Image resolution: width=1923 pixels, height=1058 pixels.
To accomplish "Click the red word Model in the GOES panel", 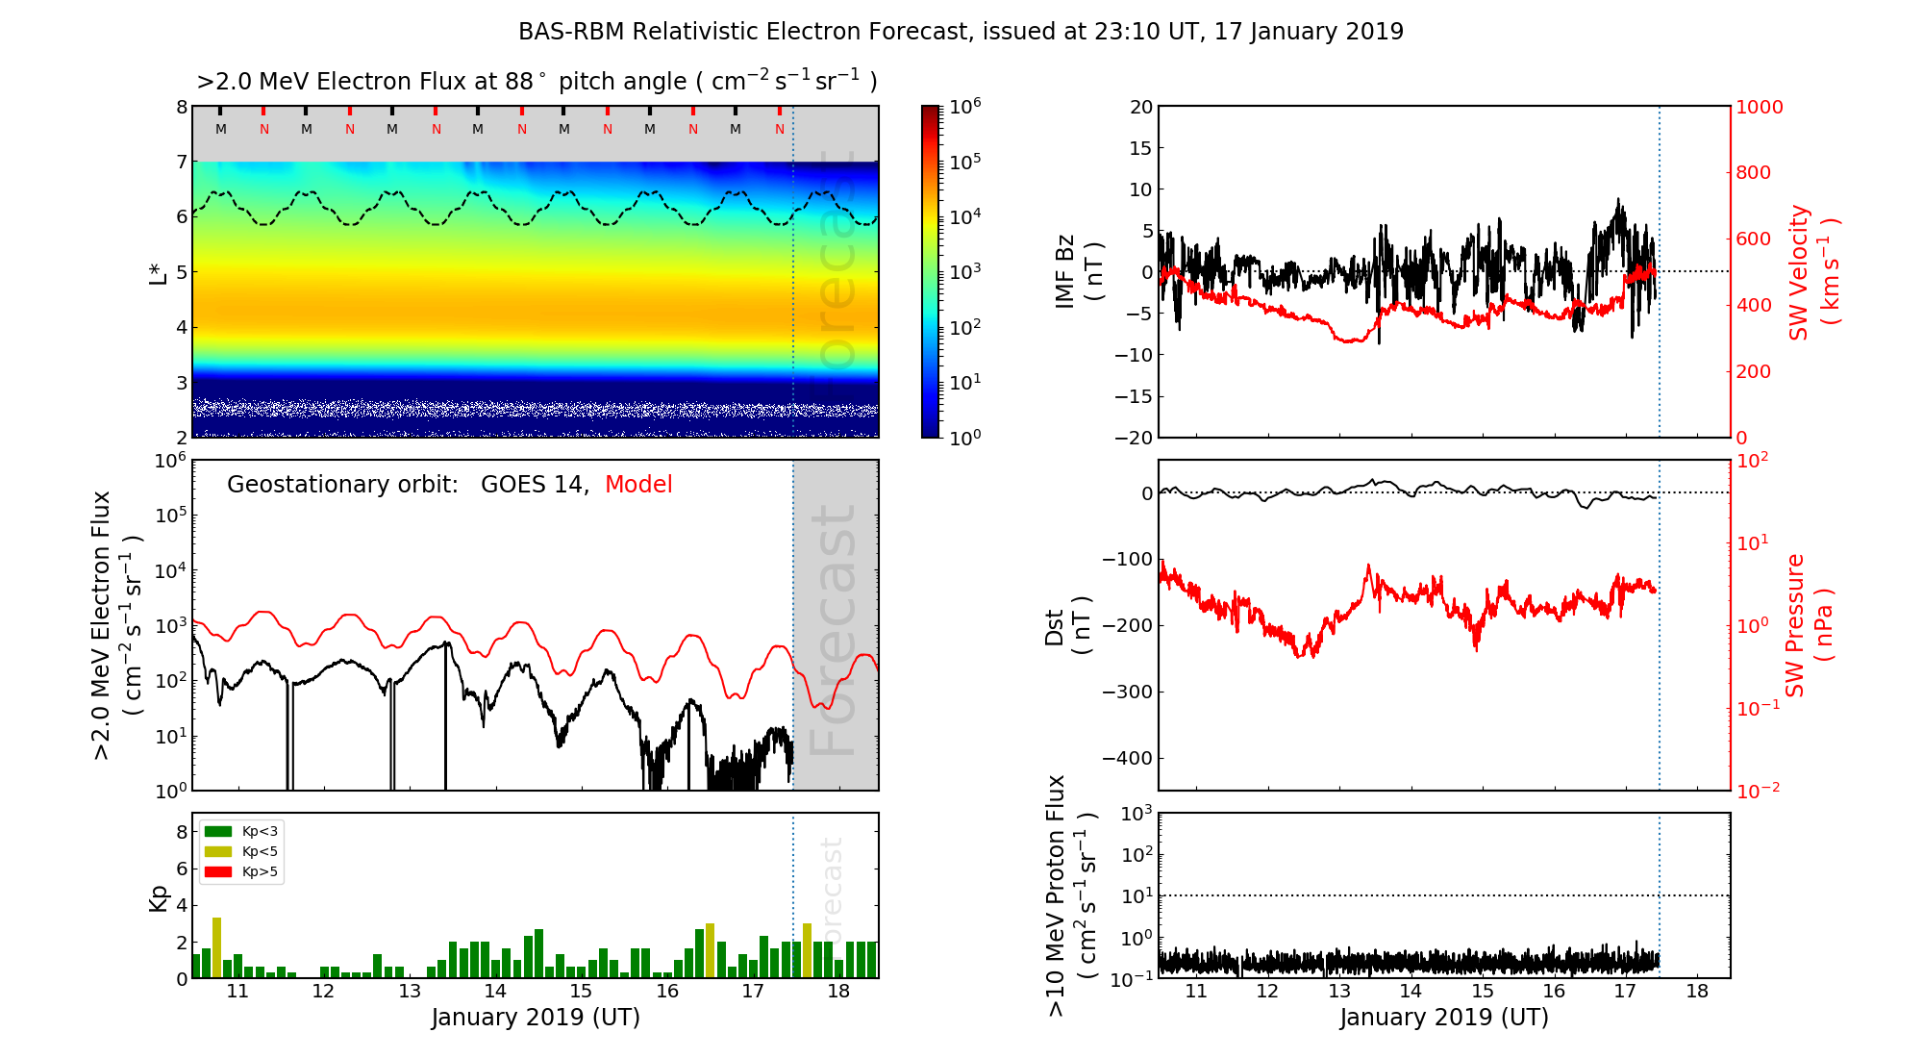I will pyautogui.click(x=638, y=485).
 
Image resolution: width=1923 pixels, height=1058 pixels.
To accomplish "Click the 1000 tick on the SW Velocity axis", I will pyautogui.click(x=1759, y=107).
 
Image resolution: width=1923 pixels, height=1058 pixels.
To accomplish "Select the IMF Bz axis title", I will pyautogui.click(x=1077, y=271).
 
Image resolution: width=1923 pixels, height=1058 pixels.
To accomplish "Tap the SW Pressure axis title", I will pyautogui.click(x=1808, y=625).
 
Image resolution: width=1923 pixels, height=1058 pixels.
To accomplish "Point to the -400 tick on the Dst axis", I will pyautogui.click(x=1127, y=758).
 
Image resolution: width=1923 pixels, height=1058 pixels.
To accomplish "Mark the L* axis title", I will pyautogui.click(x=159, y=272).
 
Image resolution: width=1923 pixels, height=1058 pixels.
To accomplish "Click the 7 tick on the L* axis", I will pyautogui.click(x=182, y=162).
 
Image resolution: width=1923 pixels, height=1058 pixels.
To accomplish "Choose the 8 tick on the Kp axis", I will pyautogui.click(x=182, y=832).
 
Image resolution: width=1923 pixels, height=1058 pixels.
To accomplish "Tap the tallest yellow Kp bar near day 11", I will pyautogui.click(x=216, y=947).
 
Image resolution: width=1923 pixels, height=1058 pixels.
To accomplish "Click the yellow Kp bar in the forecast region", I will pyautogui.click(x=807, y=950).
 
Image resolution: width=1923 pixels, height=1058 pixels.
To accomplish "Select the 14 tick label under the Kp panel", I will pyautogui.click(x=494, y=992).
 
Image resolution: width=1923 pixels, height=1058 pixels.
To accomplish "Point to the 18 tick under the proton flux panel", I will pyautogui.click(x=1697, y=992).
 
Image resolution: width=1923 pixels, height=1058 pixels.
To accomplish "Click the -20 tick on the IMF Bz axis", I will pyautogui.click(x=1135, y=438).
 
